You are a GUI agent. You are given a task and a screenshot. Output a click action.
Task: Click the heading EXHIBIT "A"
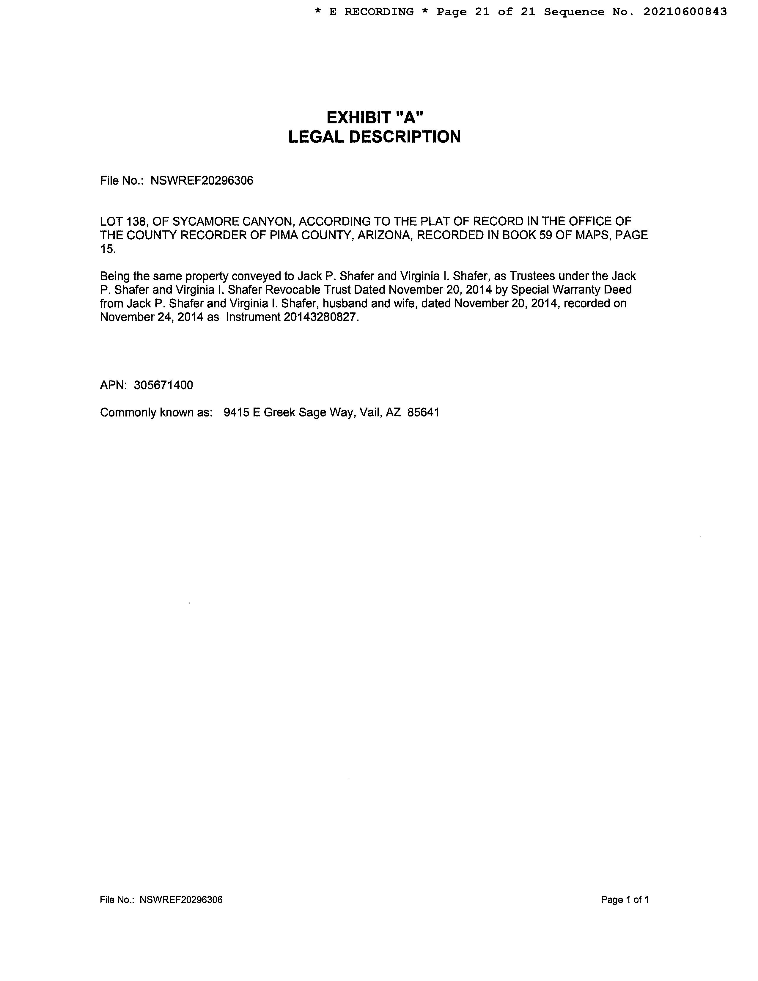pos(375,118)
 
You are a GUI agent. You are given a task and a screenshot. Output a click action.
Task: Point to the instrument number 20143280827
pos(321,317)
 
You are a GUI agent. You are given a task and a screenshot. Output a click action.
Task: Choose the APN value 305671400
pos(163,385)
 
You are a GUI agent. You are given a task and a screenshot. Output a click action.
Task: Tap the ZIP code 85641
pos(424,412)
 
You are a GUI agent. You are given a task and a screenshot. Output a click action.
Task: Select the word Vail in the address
pos(370,412)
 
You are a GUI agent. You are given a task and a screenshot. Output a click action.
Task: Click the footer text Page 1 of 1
pos(625,900)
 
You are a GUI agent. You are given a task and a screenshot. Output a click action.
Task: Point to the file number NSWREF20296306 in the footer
pos(181,900)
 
